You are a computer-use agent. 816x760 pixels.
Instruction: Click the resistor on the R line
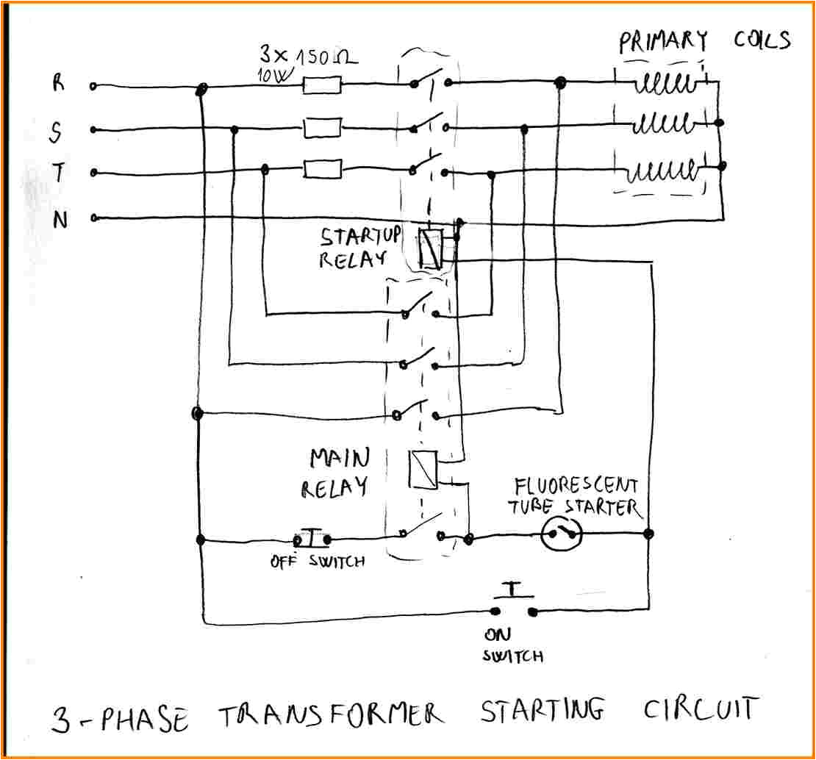(x=322, y=86)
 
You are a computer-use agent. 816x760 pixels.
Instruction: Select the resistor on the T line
(x=322, y=171)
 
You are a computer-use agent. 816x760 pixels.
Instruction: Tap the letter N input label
(x=60, y=219)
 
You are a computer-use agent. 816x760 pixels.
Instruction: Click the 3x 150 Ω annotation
(x=307, y=57)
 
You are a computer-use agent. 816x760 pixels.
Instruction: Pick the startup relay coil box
(x=429, y=248)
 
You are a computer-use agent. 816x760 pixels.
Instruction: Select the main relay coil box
(x=423, y=469)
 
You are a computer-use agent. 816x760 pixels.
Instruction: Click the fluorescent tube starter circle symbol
(x=562, y=535)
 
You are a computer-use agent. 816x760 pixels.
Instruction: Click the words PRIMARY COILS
(x=704, y=40)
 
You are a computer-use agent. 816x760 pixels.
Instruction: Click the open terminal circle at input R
(x=93, y=86)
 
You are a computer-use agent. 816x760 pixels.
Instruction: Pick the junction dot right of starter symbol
(x=649, y=534)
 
